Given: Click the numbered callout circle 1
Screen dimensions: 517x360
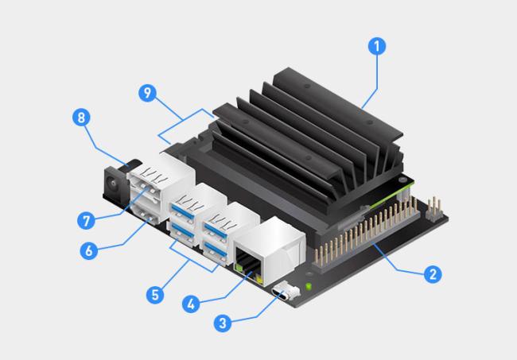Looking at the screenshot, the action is coord(377,46).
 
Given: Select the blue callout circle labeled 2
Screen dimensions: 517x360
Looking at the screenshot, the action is coord(433,273).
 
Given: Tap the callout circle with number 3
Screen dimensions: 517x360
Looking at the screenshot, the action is coord(223,323).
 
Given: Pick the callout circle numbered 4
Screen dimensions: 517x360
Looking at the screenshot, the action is coord(191,304).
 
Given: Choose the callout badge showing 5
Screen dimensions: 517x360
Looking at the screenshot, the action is coord(155,294).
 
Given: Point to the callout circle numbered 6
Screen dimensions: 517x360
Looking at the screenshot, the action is coord(89,250).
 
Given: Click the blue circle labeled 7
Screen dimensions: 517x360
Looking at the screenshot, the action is coord(86,220).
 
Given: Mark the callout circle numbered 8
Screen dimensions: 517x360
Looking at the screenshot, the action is coord(81,118).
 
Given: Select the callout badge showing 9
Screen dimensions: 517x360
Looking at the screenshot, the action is coord(147,93).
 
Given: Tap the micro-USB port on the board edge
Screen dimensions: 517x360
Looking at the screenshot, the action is coord(282,292).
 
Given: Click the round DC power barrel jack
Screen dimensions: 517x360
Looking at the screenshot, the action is coord(112,183).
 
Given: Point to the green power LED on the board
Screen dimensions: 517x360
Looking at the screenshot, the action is coord(309,286).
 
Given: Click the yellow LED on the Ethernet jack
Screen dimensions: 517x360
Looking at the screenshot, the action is coord(259,281).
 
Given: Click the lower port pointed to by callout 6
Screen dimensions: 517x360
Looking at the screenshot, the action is coord(146,214).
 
